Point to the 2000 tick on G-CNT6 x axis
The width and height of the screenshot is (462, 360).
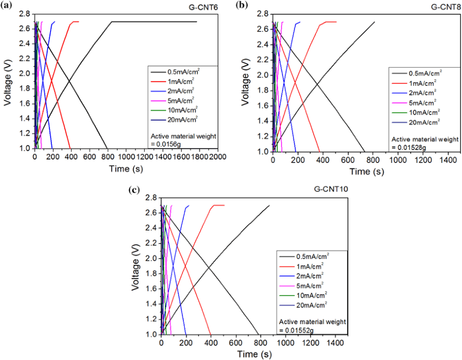pyautogui.click(x=217, y=158)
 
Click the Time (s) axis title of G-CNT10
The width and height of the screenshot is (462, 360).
pyautogui.click(x=254, y=354)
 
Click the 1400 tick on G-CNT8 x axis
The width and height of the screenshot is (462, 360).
pyautogui.click(x=448, y=161)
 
